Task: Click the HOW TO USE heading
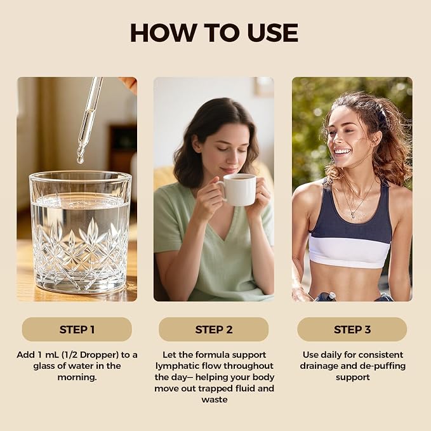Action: coord(214,33)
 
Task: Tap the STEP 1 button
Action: coord(77,329)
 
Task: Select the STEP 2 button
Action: coord(213,329)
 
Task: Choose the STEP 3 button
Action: coord(352,329)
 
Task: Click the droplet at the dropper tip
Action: coord(80,159)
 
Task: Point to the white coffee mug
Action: coord(238,190)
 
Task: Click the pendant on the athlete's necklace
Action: coord(353,216)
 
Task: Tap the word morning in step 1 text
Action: coord(77,377)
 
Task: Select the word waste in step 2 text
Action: coord(215,400)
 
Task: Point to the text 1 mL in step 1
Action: coord(49,355)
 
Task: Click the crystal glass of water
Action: coord(80,232)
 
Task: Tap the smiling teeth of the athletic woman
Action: coord(343,152)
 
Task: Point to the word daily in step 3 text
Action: coord(331,355)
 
